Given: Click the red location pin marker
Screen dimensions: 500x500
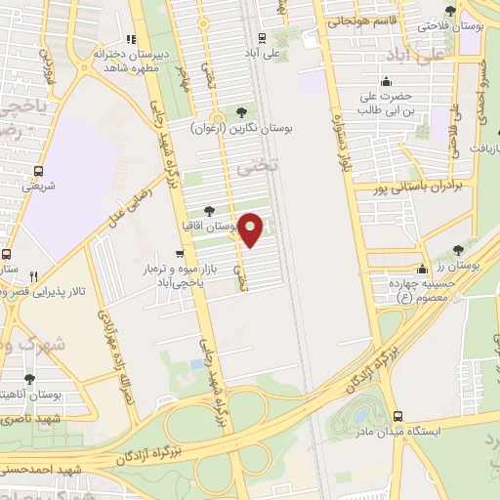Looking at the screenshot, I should click(x=251, y=229).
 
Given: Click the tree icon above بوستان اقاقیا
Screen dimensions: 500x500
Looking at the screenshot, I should click(x=209, y=210).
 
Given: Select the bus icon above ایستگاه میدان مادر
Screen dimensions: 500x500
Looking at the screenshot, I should click(x=396, y=415).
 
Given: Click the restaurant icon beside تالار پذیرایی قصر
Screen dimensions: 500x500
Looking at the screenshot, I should click(x=34, y=276).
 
